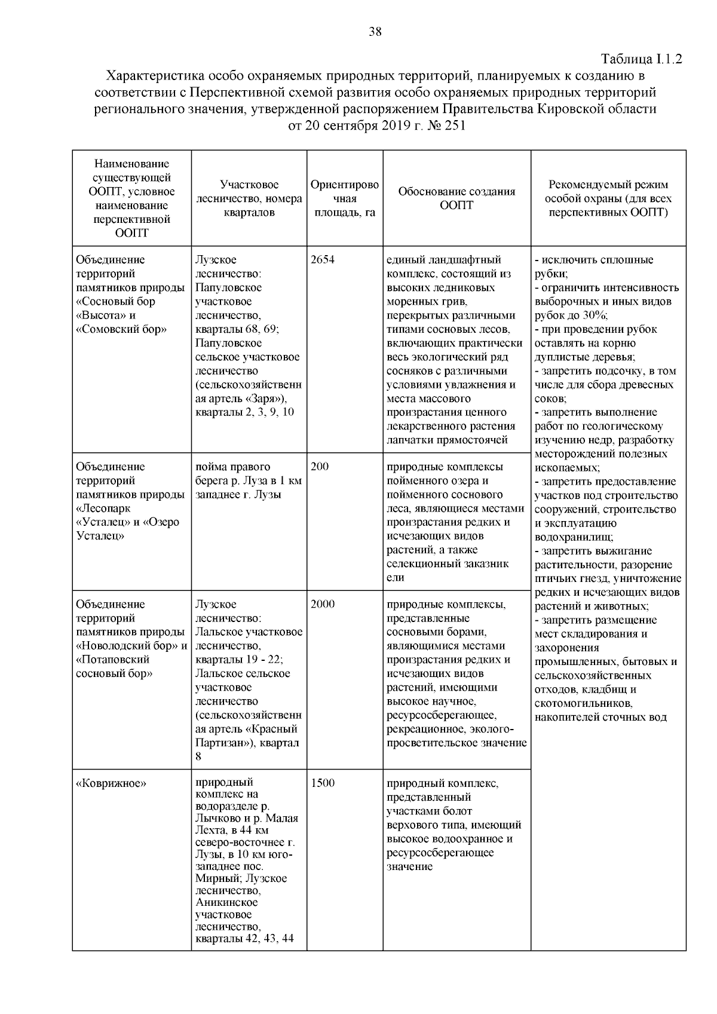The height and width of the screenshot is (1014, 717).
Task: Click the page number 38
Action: tap(375, 32)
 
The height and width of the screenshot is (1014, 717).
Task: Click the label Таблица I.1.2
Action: tap(642, 59)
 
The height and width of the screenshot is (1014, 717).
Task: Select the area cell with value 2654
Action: tap(323, 260)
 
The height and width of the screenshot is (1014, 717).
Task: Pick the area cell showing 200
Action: tap(320, 467)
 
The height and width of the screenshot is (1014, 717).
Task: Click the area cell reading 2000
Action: tap(323, 604)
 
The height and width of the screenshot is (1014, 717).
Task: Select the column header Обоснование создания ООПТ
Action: tap(456, 198)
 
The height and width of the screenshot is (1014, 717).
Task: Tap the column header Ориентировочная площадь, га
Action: tap(345, 198)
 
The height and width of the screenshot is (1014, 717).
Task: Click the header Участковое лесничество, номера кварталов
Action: tap(249, 198)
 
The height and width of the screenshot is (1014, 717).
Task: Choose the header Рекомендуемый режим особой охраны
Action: tap(608, 198)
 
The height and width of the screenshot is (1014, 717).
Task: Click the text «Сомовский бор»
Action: tap(121, 329)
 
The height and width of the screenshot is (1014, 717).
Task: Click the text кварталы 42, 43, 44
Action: tap(244, 938)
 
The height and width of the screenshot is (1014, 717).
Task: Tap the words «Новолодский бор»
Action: tap(127, 646)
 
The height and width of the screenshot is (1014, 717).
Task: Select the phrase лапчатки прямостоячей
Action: tap(447, 440)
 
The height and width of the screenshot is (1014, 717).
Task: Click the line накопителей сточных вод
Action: tap(600, 717)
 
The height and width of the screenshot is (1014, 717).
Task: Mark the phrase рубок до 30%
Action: tap(570, 315)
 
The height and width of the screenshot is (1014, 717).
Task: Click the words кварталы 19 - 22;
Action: tap(240, 660)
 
